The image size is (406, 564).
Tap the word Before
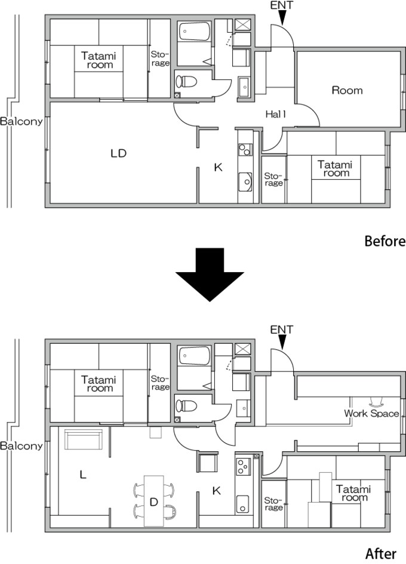[385, 242]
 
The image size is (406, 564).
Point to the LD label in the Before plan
[118, 153]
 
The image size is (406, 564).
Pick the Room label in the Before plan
[347, 90]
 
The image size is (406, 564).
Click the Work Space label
[371, 413]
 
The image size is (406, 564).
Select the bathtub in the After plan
[194, 356]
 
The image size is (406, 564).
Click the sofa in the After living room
[84, 440]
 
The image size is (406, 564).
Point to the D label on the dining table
[153, 503]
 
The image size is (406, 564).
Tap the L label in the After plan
[83, 475]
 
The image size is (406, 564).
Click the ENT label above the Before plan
[282, 5]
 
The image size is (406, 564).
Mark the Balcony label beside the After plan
[21, 445]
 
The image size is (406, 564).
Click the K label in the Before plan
[218, 168]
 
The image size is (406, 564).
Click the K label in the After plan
[217, 491]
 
